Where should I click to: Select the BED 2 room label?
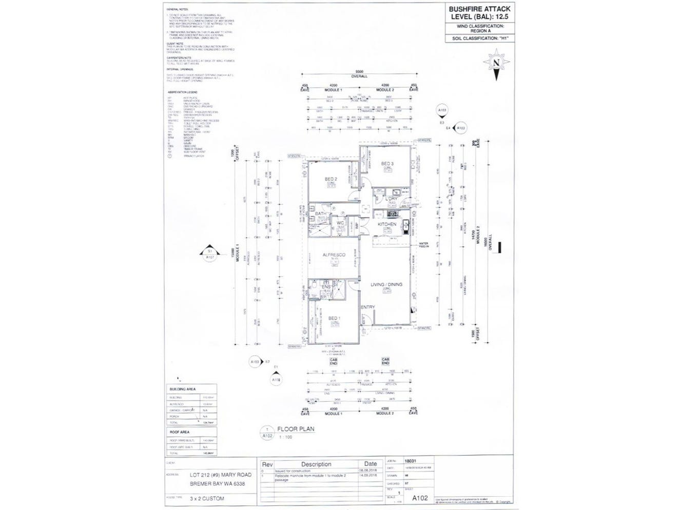(x=331, y=179)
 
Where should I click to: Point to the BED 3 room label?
(x=387, y=164)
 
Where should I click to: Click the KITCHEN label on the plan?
(x=387, y=225)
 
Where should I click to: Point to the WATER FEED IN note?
(x=423, y=245)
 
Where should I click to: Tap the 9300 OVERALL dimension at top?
(x=359, y=73)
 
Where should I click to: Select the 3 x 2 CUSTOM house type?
(x=207, y=498)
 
